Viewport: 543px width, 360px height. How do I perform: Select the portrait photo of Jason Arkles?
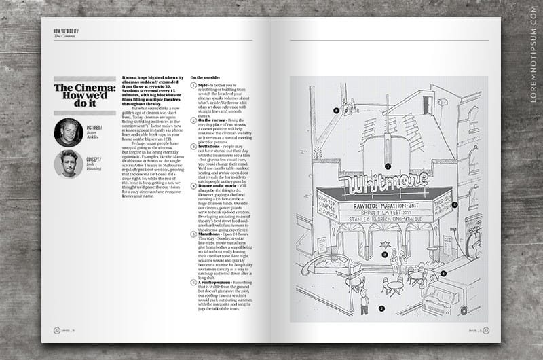point(69,132)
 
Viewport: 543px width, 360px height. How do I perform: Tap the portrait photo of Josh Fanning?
point(69,164)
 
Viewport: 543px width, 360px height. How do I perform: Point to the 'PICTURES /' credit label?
point(95,127)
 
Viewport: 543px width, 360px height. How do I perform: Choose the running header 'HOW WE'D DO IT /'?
point(66,31)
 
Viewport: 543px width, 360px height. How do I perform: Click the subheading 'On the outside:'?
point(204,79)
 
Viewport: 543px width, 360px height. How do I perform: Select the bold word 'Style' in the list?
point(203,85)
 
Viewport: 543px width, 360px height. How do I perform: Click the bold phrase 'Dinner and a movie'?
point(218,185)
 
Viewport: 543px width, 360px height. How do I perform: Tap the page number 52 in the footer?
point(57,331)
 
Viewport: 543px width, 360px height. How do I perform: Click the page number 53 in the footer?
point(486,331)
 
